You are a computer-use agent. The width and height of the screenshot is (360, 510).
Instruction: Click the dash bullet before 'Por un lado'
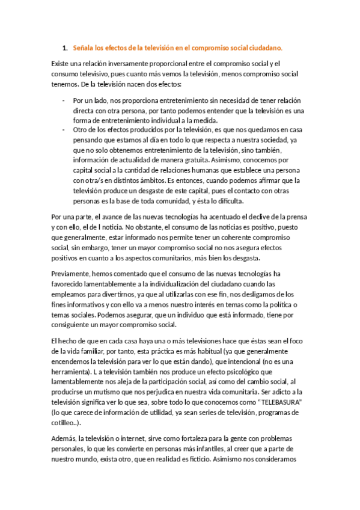[64, 100]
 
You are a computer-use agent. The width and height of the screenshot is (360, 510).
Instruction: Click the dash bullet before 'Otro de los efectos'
[64, 129]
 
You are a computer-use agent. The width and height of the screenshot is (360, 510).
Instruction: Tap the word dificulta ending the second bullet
[225, 201]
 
